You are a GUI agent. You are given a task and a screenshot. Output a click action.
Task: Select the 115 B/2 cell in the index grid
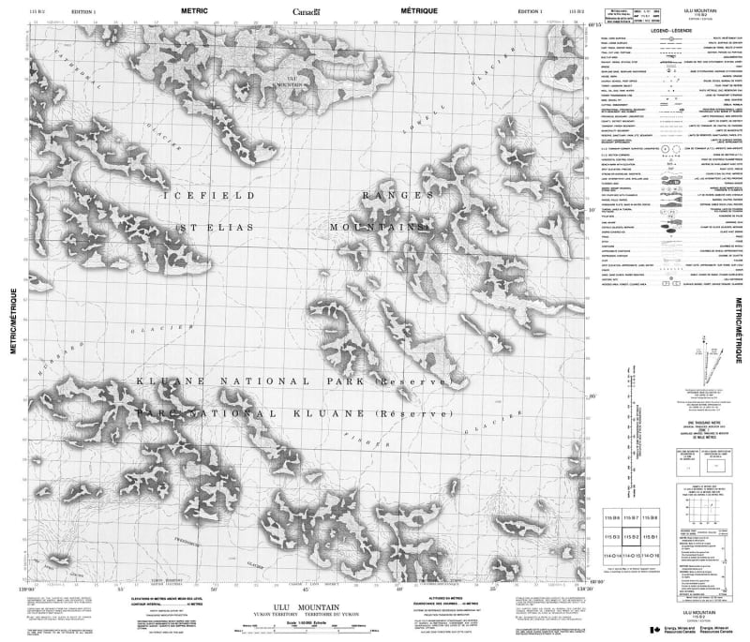[631, 537]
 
